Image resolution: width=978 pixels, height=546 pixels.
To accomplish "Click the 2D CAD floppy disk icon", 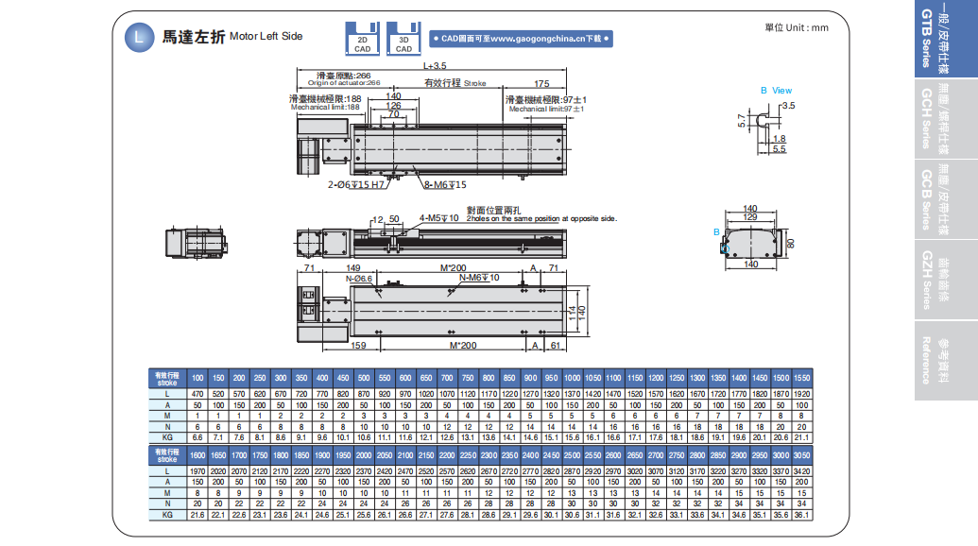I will coord(363,38).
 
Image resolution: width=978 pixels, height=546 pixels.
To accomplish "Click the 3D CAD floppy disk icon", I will coord(403,38).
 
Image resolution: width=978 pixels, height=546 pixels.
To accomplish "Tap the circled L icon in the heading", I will coord(140,37).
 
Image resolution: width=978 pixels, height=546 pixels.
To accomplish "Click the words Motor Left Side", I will coord(266,37).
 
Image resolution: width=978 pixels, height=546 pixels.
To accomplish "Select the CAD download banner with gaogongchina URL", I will coord(522,39).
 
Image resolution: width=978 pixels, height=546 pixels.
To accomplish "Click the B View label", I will coord(776,91).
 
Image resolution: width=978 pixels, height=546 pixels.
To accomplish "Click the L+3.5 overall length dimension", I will coord(435,67).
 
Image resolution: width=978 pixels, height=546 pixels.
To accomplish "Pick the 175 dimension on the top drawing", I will coord(541,83).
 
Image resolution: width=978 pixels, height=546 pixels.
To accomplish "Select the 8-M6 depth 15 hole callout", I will coord(445,184).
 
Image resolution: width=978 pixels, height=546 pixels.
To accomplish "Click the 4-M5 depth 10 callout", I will coord(439,218).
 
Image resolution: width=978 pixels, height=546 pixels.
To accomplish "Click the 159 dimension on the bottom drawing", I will coord(358,346).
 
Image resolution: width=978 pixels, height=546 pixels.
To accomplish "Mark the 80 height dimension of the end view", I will coord(792,244).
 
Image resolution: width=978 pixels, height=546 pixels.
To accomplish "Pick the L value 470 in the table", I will coord(197,392).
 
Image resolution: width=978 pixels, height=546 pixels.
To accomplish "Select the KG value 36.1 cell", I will coord(800,515).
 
